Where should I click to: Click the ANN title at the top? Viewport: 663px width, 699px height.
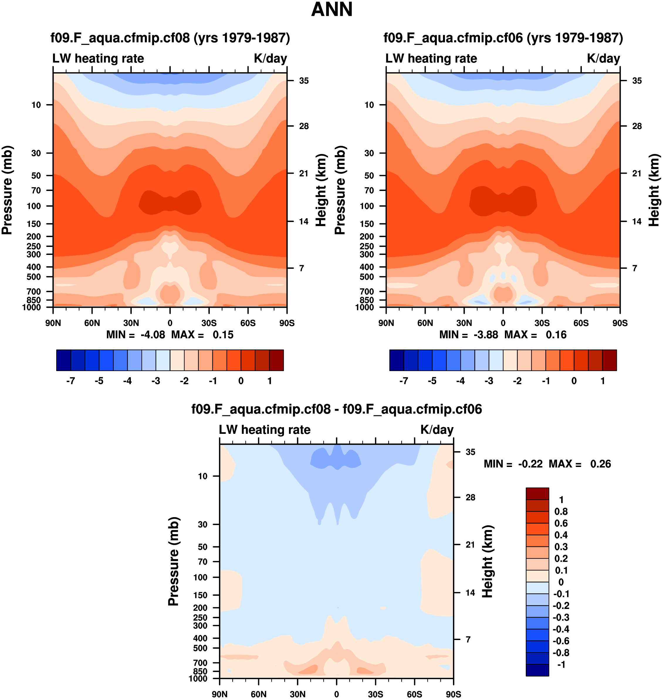click(331, 10)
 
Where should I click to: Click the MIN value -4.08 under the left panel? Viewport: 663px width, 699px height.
click(153, 335)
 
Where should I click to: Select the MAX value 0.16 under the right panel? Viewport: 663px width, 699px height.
click(556, 335)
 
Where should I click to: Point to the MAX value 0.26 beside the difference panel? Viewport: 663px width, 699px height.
click(601, 464)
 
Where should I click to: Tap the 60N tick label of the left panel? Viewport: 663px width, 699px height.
click(92, 323)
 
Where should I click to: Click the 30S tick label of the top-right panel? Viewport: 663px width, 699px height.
click(542, 323)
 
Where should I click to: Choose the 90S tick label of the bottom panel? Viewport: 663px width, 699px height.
click(453, 694)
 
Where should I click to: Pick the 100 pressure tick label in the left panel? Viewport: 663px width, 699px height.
click(34, 206)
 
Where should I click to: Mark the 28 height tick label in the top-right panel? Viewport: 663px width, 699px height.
click(637, 126)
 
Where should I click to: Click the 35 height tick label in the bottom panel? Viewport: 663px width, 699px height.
click(470, 452)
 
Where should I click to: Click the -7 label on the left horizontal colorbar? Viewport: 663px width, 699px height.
click(70, 381)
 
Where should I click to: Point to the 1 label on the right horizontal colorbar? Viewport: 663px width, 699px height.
click(603, 381)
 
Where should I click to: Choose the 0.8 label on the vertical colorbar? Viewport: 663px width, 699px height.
click(561, 511)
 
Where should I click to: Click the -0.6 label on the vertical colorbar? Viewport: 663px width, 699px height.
click(561, 641)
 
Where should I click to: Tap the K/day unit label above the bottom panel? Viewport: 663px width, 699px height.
click(437, 430)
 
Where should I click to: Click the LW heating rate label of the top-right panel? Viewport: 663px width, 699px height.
click(431, 59)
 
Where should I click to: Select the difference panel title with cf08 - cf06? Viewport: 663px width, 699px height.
click(336, 409)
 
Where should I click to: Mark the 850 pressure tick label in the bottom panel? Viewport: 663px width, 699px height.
click(200, 671)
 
